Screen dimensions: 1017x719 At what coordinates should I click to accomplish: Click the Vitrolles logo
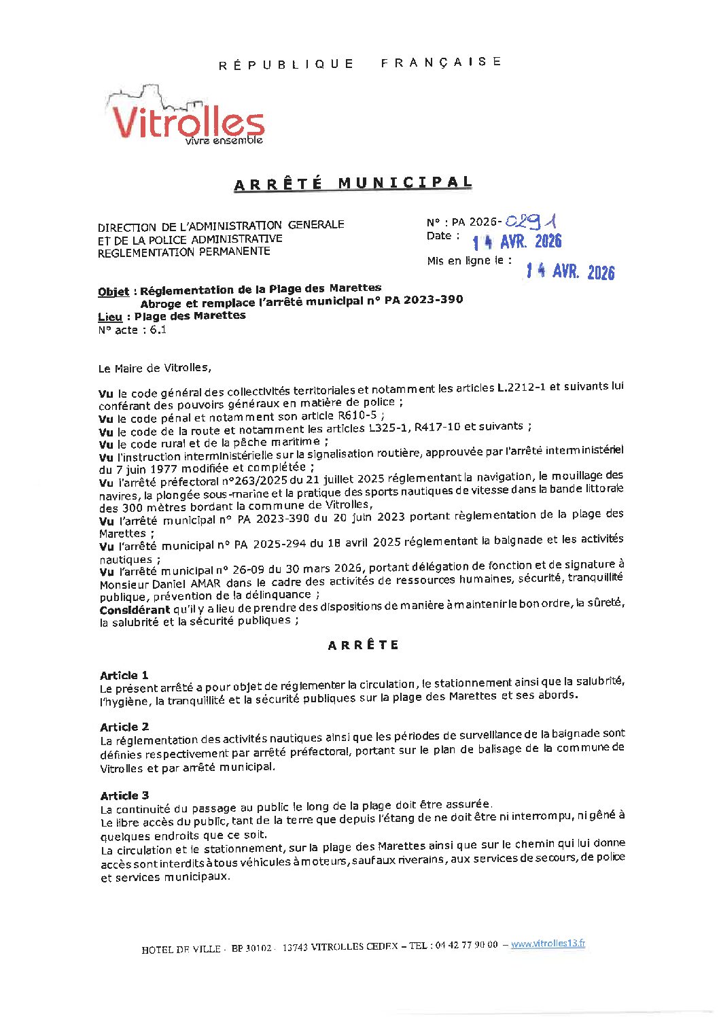[185, 117]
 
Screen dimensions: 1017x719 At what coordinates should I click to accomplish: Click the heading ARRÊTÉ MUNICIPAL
[353, 184]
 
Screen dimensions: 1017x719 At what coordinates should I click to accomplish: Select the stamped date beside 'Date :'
[517, 241]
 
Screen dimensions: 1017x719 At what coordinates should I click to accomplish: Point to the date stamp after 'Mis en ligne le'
[570, 272]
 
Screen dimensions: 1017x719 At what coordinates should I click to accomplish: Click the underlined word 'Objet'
[113, 292]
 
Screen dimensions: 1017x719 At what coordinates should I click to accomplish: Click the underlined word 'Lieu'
[110, 317]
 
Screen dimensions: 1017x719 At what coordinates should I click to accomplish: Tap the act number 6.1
[158, 330]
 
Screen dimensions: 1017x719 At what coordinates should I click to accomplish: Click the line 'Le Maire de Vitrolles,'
[155, 368]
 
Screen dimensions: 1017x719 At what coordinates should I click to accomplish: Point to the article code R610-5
[357, 415]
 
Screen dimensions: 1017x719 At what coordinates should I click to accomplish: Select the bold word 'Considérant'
[135, 609]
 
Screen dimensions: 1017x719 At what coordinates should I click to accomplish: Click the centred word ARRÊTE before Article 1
[363, 645]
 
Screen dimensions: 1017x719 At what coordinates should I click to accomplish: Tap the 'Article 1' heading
[124, 675]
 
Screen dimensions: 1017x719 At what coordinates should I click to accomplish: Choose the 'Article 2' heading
[124, 727]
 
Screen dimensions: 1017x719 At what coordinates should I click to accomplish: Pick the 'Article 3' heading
[124, 795]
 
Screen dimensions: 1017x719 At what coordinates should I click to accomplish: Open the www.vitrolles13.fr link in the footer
[548, 944]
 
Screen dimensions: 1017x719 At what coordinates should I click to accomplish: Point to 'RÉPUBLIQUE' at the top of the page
[286, 65]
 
